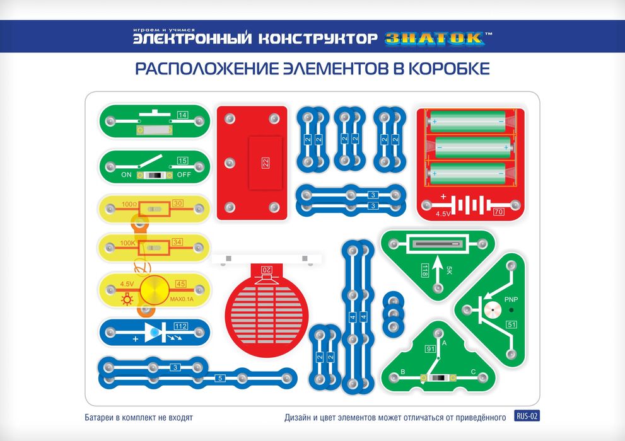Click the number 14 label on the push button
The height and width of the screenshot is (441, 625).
point(182,115)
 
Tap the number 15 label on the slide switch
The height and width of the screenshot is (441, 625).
point(182,161)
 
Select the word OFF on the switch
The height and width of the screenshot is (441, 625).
point(184,175)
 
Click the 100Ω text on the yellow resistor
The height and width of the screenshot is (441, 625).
point(130,204)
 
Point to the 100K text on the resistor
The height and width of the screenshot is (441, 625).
point(128,243)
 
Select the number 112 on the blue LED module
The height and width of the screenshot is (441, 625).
point(181,326)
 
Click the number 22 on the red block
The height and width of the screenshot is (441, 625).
point(265,163)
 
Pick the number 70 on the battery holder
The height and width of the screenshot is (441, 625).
point(499,212)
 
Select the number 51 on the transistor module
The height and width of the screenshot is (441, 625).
point(511,324)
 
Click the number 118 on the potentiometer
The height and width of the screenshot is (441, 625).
point(425,271)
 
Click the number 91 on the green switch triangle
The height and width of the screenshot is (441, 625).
point(431,349)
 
